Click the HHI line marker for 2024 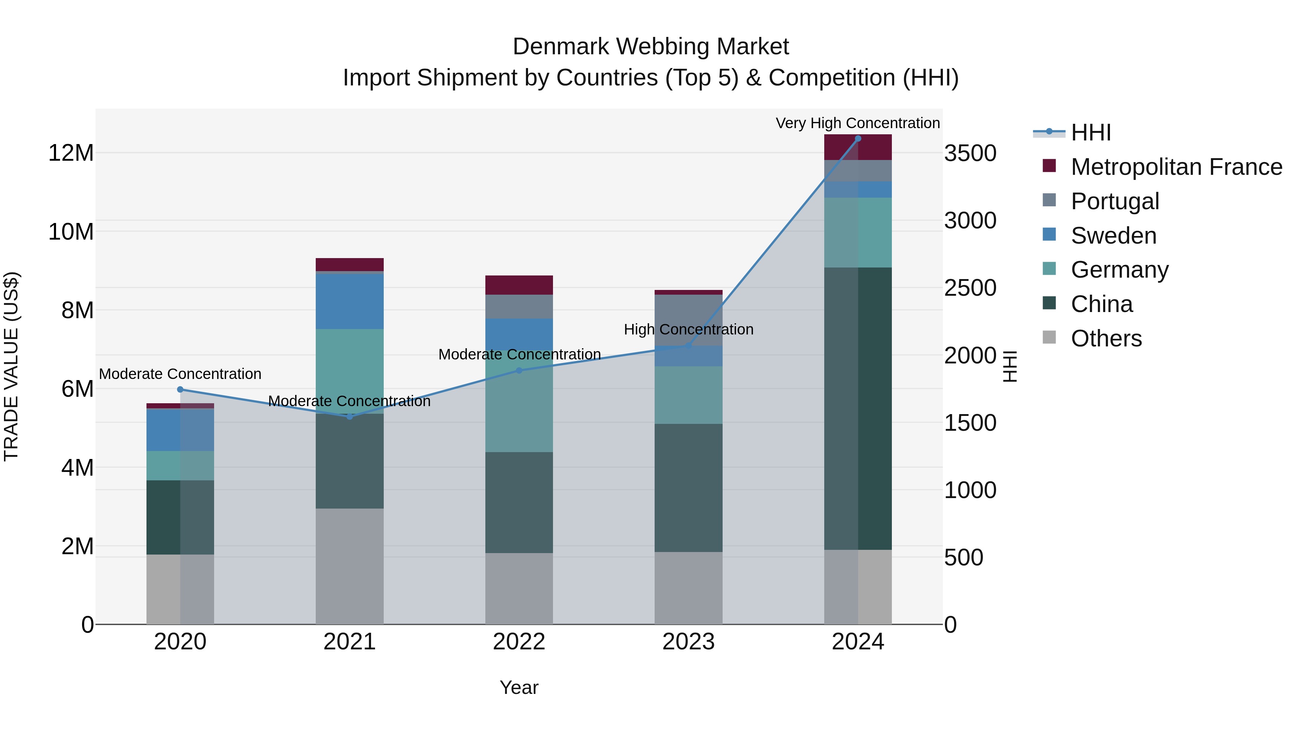coord(858,139)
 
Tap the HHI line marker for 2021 coord(350,416)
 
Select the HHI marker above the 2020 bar coord(180,389)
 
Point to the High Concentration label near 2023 coord(688,329)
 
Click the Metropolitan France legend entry coord(1176,167)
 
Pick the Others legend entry coord(1106,338)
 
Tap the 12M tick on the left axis coord(71,153)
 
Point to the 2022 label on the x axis coord(519,642)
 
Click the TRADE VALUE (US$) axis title coord(11,366)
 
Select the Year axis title coord(519,687)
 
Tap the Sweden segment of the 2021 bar coord(350,302)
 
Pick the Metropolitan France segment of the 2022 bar coord(519,285)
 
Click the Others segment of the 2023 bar coord(688,588)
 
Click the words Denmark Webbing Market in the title coord(651,47)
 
